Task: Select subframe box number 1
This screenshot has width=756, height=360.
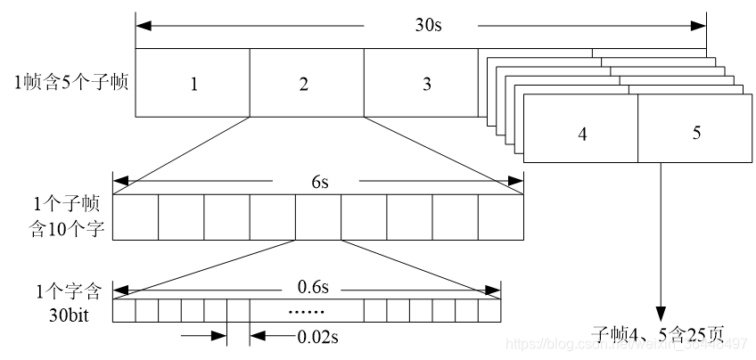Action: (193, 84)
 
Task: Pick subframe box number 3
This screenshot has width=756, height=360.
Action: (426, 84)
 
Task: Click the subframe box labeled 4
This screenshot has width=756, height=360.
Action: (582, 134)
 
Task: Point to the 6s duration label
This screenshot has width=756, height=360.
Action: (319, 183)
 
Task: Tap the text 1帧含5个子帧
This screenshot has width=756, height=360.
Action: (71, 85)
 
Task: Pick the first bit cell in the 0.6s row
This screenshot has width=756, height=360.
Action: (124, 311)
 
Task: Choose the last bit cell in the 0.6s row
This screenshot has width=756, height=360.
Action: (489, 311)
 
